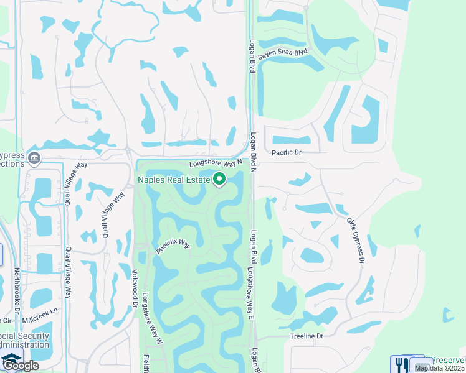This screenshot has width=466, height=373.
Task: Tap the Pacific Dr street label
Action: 287,152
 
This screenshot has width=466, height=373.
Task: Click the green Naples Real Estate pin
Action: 219,180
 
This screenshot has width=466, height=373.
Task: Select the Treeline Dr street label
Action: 307,336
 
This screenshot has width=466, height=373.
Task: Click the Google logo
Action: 21,366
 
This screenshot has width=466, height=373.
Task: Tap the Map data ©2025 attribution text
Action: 439,368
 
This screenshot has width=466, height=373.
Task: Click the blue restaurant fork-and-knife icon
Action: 399,364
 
